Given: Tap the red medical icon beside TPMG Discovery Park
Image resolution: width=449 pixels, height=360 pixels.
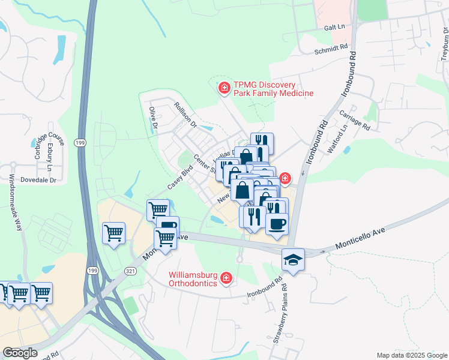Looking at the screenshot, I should [224, 89].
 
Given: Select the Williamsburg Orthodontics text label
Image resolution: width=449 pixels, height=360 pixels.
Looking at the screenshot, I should [192, 278].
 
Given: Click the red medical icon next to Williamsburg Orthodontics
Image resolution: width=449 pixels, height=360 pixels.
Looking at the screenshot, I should [226, 278].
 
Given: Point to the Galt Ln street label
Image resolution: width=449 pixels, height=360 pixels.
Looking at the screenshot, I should [334, 28].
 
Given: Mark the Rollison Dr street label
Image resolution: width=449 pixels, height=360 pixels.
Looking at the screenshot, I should [185, 114].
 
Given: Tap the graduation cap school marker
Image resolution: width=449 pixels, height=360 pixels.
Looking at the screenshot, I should [293, 259].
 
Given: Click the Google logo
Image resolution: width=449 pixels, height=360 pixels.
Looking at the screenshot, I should [20, 353].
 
